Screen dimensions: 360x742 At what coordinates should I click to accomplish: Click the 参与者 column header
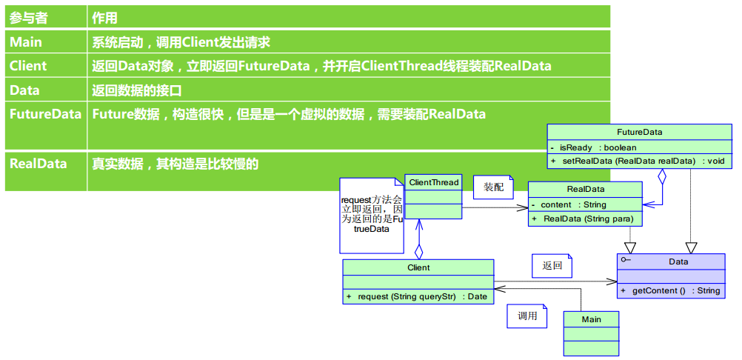27,18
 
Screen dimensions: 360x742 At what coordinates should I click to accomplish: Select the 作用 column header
104,18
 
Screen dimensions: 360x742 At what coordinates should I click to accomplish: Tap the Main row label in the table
26,42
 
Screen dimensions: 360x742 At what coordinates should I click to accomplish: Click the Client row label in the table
28,66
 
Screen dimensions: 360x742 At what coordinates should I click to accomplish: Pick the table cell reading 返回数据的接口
137,90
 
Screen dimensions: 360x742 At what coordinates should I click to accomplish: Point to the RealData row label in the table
38,164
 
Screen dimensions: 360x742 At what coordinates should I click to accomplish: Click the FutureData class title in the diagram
639,132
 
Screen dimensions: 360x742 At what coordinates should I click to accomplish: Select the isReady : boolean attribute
598,147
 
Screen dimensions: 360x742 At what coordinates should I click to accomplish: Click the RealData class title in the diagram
585,190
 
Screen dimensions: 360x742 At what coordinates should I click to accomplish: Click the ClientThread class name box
434,182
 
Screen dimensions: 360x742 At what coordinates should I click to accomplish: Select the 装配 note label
493,187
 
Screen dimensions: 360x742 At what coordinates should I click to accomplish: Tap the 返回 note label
552,265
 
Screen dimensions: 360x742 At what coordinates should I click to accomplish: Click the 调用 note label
527,316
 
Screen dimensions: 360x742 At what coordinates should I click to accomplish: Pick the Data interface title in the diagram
678,261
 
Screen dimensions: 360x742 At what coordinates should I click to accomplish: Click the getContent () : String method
675,290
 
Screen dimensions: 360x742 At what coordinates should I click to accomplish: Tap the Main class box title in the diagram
591,319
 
